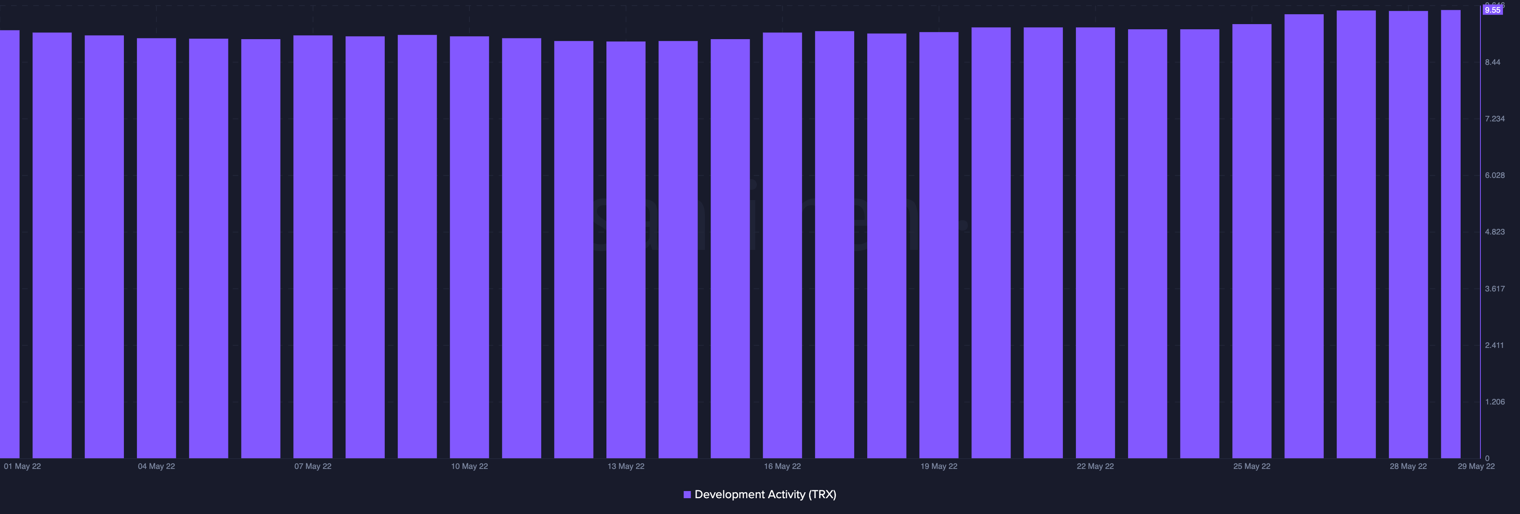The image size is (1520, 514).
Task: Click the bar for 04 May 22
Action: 156,248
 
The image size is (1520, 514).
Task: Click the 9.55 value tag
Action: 1492,10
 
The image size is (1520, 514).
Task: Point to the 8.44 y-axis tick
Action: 1492,62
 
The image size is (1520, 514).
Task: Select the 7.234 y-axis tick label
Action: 1495,119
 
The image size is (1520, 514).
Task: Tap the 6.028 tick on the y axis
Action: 1495,176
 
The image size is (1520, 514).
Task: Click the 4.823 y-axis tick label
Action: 1495,232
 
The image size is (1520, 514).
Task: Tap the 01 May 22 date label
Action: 23,466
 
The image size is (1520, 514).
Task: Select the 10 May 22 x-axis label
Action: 469,466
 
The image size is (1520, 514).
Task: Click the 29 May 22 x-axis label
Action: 1476,466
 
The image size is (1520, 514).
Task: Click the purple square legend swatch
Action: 687,495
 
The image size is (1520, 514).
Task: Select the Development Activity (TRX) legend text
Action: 765,495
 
